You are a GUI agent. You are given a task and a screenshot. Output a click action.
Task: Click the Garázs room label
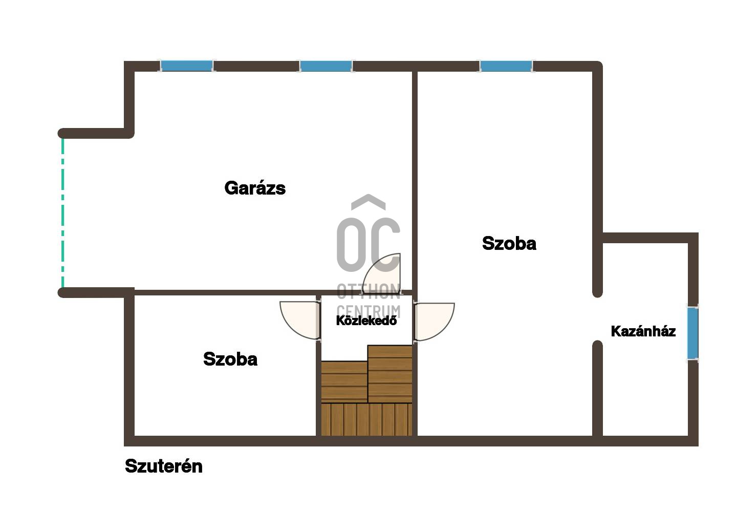coord(255,188)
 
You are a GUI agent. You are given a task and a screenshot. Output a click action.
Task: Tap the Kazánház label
coord(643,331)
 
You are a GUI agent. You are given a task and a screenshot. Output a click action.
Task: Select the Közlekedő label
coord(366,321)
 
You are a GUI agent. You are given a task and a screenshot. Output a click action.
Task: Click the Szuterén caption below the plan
coord(164,466)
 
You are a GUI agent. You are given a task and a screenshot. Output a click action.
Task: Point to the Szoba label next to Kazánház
coord(509,244)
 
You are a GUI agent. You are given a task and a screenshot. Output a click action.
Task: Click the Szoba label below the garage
coord(230,359)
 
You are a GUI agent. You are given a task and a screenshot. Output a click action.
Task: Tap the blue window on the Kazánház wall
coord(692,333)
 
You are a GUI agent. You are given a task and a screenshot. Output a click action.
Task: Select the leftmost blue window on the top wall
coord(186,66)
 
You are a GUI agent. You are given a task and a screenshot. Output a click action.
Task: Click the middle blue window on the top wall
coord(326,66)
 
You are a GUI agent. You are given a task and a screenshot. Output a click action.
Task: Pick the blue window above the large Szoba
coord(506,66)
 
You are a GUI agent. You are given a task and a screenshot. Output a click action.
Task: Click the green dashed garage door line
coord(62,213)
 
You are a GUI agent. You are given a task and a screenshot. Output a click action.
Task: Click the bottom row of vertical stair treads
coord(366,419)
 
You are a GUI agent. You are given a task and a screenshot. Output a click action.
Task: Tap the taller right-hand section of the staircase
coord(390,374)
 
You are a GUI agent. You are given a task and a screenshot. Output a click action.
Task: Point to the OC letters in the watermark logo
coord(368,245)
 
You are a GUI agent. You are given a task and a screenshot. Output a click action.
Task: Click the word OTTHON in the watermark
coord(368,291)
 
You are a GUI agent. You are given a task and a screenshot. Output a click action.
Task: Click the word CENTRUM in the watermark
coord(368,311)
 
